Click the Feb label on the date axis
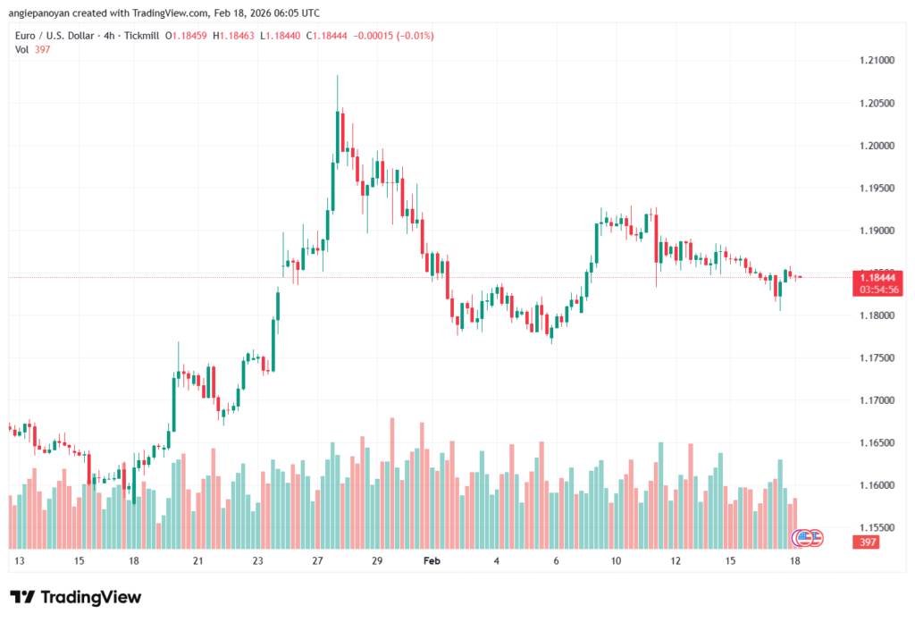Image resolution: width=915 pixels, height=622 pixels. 432,561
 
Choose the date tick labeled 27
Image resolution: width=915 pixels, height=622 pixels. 317,561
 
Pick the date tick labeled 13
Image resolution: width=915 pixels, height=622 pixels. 20,561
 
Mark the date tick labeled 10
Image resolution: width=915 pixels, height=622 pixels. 616,561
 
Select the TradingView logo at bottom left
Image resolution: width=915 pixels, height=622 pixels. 75,597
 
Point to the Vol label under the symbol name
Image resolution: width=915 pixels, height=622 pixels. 22,49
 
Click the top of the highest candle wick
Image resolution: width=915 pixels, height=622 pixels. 337,76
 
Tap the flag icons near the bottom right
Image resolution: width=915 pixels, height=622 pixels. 809,538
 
